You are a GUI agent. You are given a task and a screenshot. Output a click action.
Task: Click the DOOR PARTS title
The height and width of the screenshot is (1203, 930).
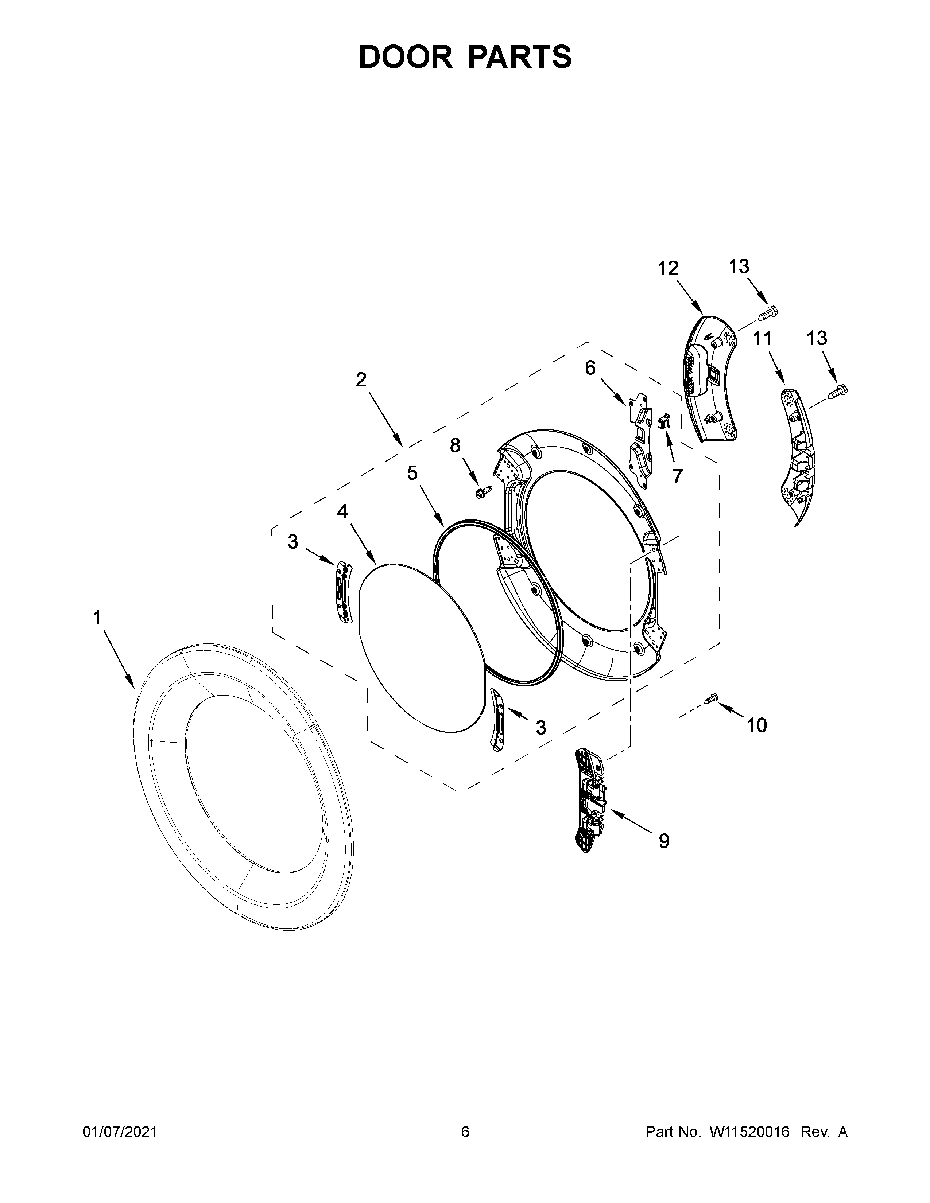pyautogui.click(x=465, y=57)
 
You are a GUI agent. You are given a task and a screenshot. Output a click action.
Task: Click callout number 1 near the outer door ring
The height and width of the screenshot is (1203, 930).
pyautogui.click(x=97, y=618)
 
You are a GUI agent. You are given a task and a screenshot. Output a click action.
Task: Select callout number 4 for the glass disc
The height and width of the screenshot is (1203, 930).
pyautogui.click(x=342, y=512)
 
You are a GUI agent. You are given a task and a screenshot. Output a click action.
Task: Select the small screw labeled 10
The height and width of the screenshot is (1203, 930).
pyautogui.click(x=711, y=698)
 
